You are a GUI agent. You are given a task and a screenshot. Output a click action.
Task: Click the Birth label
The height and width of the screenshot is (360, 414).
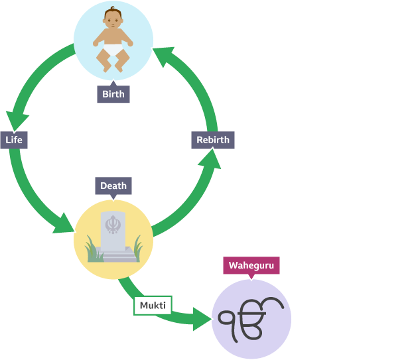[113, 94]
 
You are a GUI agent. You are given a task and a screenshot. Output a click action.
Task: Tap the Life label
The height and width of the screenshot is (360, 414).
[13, 140]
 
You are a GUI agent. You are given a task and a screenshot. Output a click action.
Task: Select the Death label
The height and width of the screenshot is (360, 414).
[113, 186]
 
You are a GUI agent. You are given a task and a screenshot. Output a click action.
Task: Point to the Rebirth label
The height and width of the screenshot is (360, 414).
[213, 140]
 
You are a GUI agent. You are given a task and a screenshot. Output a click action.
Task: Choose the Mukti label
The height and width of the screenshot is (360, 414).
[153, 306]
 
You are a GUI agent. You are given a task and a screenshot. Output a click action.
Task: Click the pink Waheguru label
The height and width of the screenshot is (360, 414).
[250, 266]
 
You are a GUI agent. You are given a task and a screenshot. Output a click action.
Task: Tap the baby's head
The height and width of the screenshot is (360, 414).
[113, 18]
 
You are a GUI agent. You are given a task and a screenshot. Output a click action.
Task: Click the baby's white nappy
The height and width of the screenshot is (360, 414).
[113, 49]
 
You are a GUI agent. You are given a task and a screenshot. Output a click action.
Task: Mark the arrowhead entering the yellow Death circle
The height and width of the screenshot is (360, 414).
[64, 223]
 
